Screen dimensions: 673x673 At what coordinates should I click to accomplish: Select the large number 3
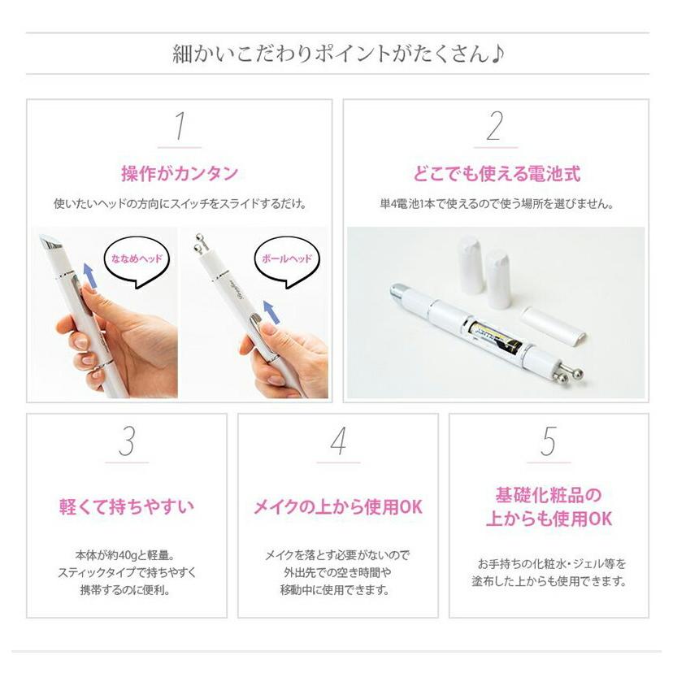tap(127, 442)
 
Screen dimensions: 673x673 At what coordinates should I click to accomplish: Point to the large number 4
tap(338, 442)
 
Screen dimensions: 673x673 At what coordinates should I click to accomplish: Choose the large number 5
tap(549, 442)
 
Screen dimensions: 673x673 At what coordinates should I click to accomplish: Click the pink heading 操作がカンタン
tap(180, 173)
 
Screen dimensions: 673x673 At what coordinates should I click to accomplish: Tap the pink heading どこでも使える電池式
tap(495, 174)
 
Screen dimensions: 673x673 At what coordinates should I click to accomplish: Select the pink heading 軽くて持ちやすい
tap(127, 507)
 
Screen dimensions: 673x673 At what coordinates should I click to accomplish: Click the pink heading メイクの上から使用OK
tap(338, 507)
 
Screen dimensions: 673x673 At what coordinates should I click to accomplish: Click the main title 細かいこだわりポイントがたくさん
tap(337, 54)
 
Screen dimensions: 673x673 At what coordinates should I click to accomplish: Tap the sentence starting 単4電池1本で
tap(495, 203)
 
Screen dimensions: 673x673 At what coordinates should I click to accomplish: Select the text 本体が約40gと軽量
tap(127, 555)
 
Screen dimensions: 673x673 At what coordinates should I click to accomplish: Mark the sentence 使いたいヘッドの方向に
tap(180, 203)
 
